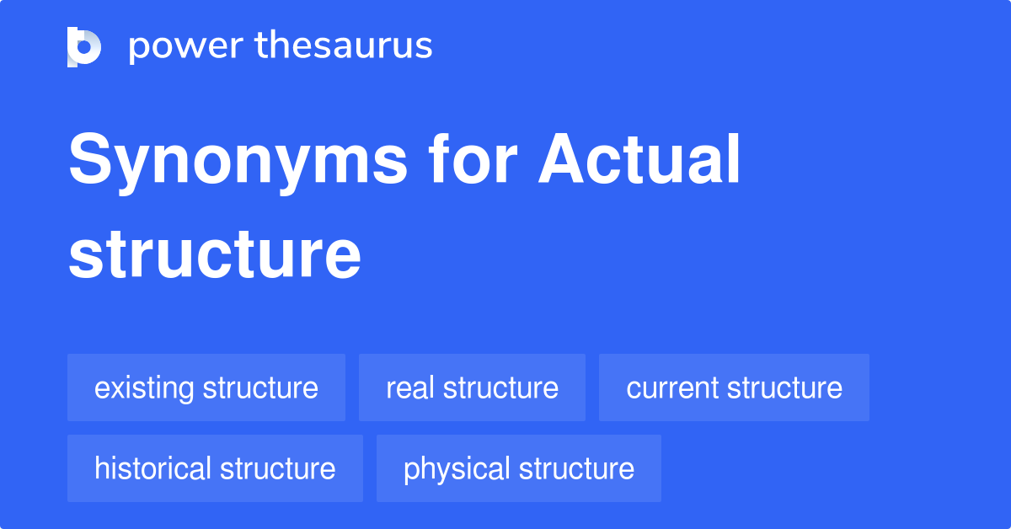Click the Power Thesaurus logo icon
click(84, 46)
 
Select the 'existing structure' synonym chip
click(206, 387)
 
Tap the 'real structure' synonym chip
click(472, 387)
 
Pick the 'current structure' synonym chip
click(734, 387)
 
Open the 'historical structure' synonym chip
click(215, 468)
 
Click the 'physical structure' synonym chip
click(518, 468)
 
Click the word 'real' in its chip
click(410, 387)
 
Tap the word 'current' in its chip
click(672, 387)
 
